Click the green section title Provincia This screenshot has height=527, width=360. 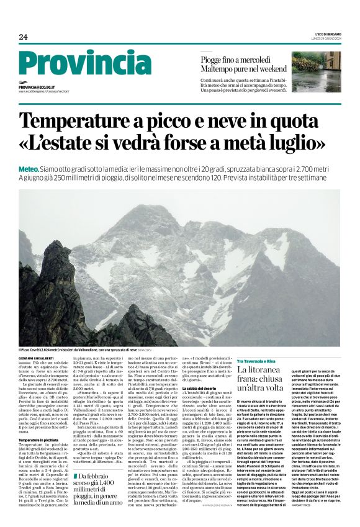coord(84,63)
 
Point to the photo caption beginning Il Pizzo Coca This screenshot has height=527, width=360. coord(93,350)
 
